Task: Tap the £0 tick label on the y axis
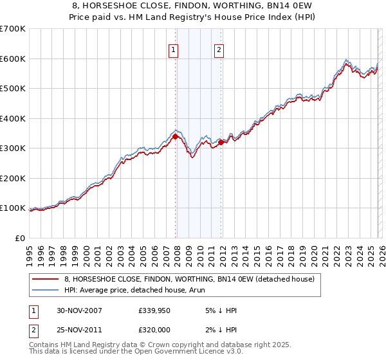[20, 238]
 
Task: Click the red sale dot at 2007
[176, 136]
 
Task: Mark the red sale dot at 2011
[221, 143]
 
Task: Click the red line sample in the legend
[46, 280]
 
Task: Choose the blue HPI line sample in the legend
[46, 290]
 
